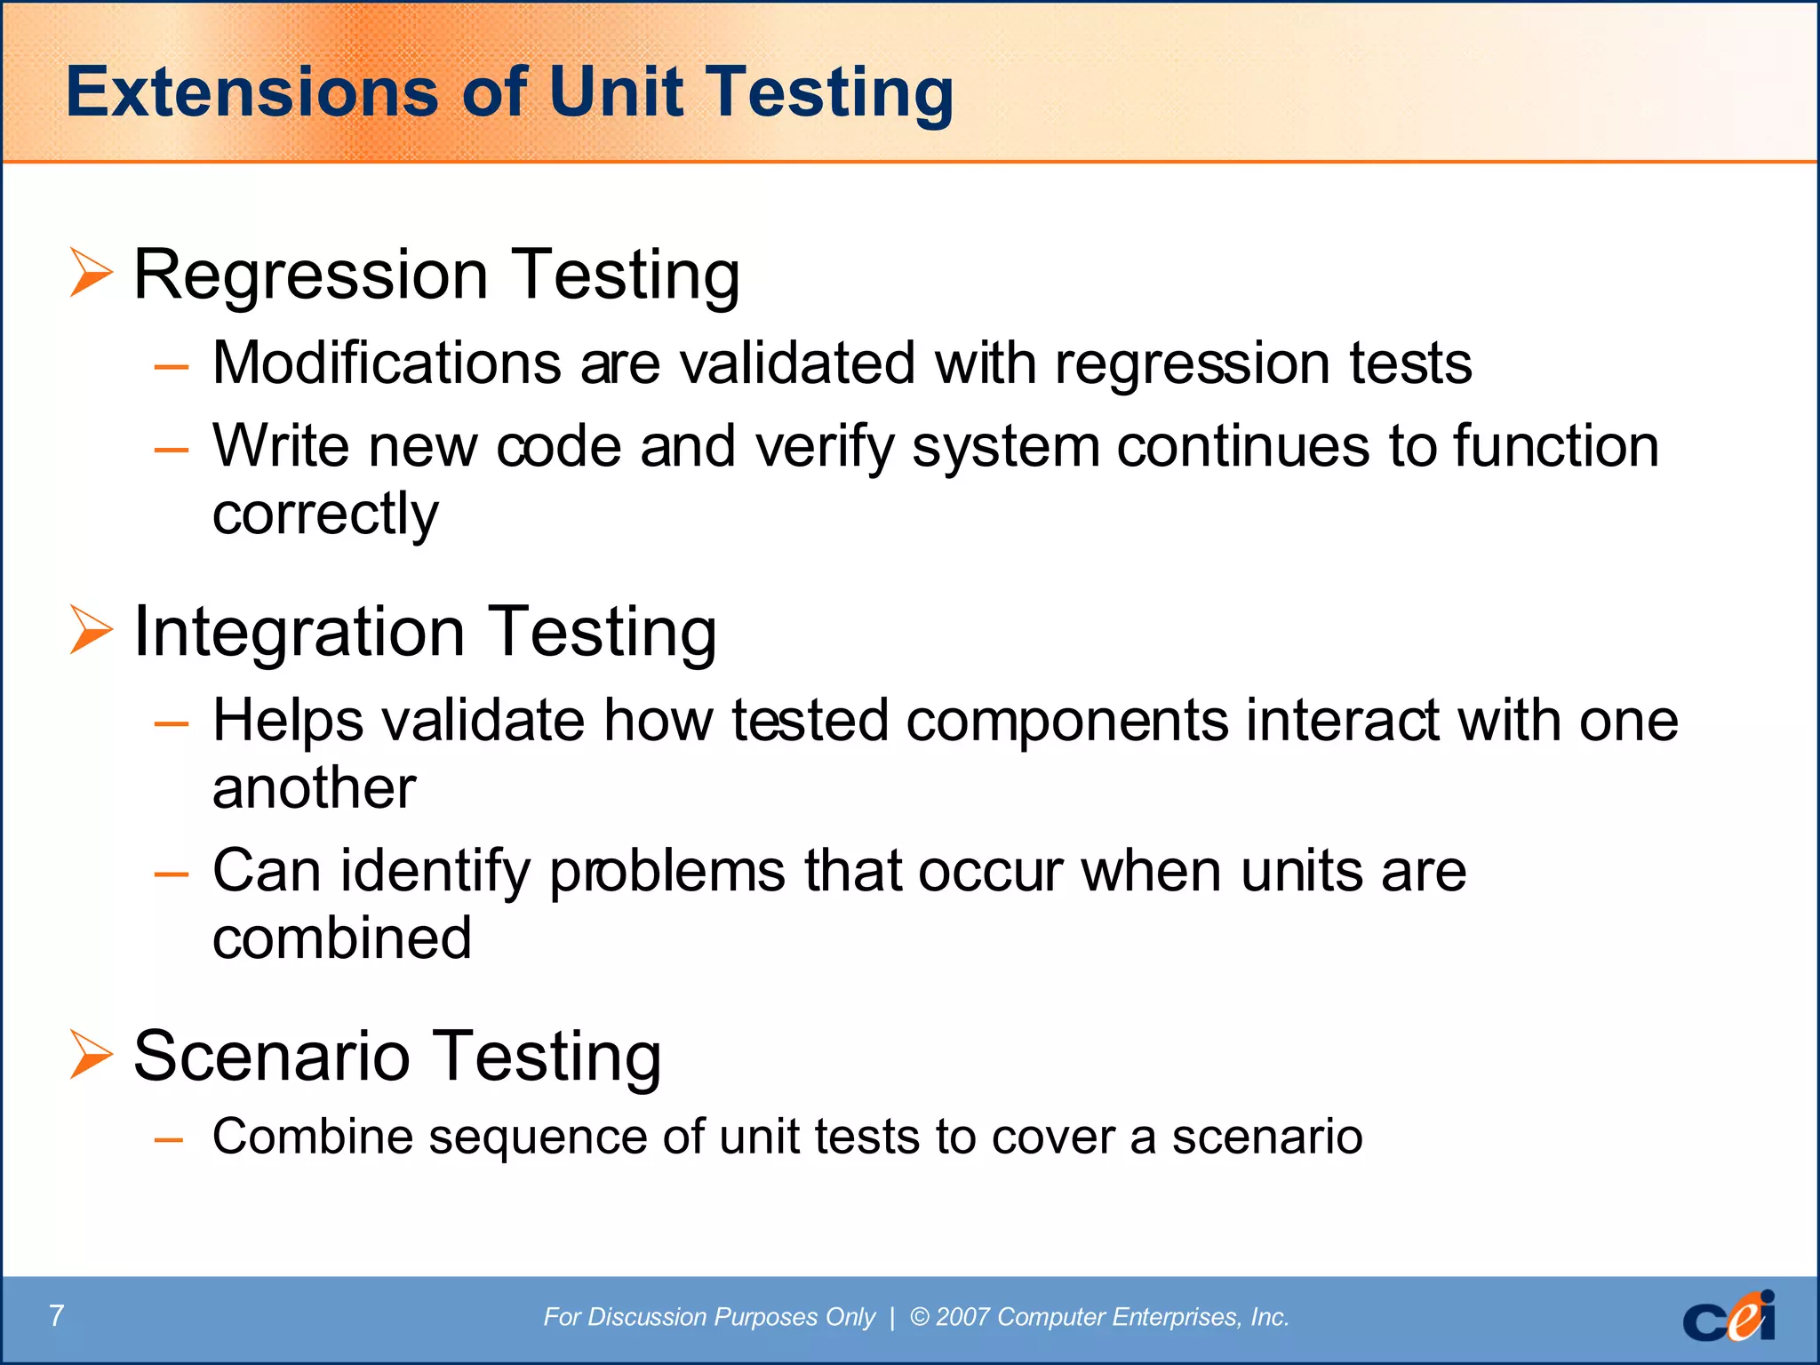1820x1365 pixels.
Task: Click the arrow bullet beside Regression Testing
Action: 92,274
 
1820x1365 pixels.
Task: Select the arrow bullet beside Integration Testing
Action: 92,630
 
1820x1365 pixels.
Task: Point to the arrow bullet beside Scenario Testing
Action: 92,1055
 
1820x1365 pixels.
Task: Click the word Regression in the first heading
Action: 311,275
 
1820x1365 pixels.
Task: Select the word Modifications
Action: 387,363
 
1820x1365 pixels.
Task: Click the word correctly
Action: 325,515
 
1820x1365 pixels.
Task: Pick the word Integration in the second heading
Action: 299,632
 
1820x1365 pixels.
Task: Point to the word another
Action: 314,788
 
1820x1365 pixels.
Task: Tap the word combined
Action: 342,938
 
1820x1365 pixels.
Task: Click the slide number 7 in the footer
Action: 57,1315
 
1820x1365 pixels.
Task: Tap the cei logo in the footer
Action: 1728,1317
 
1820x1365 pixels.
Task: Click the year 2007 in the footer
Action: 963,1317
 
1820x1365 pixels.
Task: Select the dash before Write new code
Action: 171,450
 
